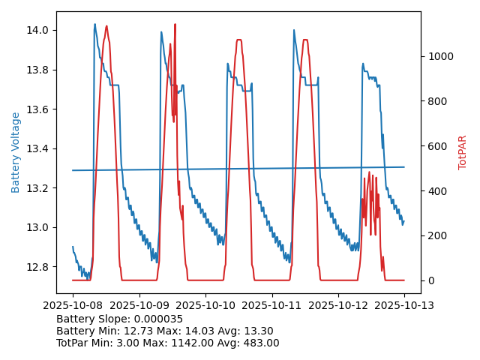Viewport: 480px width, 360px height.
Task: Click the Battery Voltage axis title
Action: [16, 152]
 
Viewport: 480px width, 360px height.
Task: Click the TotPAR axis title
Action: [463, 152]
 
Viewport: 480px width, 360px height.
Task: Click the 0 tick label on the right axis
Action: [430, 280]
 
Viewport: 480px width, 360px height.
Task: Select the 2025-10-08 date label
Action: [73, 305]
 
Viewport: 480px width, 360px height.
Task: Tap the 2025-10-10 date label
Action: [205, 305]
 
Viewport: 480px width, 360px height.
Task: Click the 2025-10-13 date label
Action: [404, 305]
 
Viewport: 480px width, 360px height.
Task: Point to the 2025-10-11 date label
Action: [271, 305]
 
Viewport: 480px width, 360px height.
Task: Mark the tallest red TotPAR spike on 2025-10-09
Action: [175, 25]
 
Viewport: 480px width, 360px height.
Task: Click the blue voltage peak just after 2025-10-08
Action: [94, 24]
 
